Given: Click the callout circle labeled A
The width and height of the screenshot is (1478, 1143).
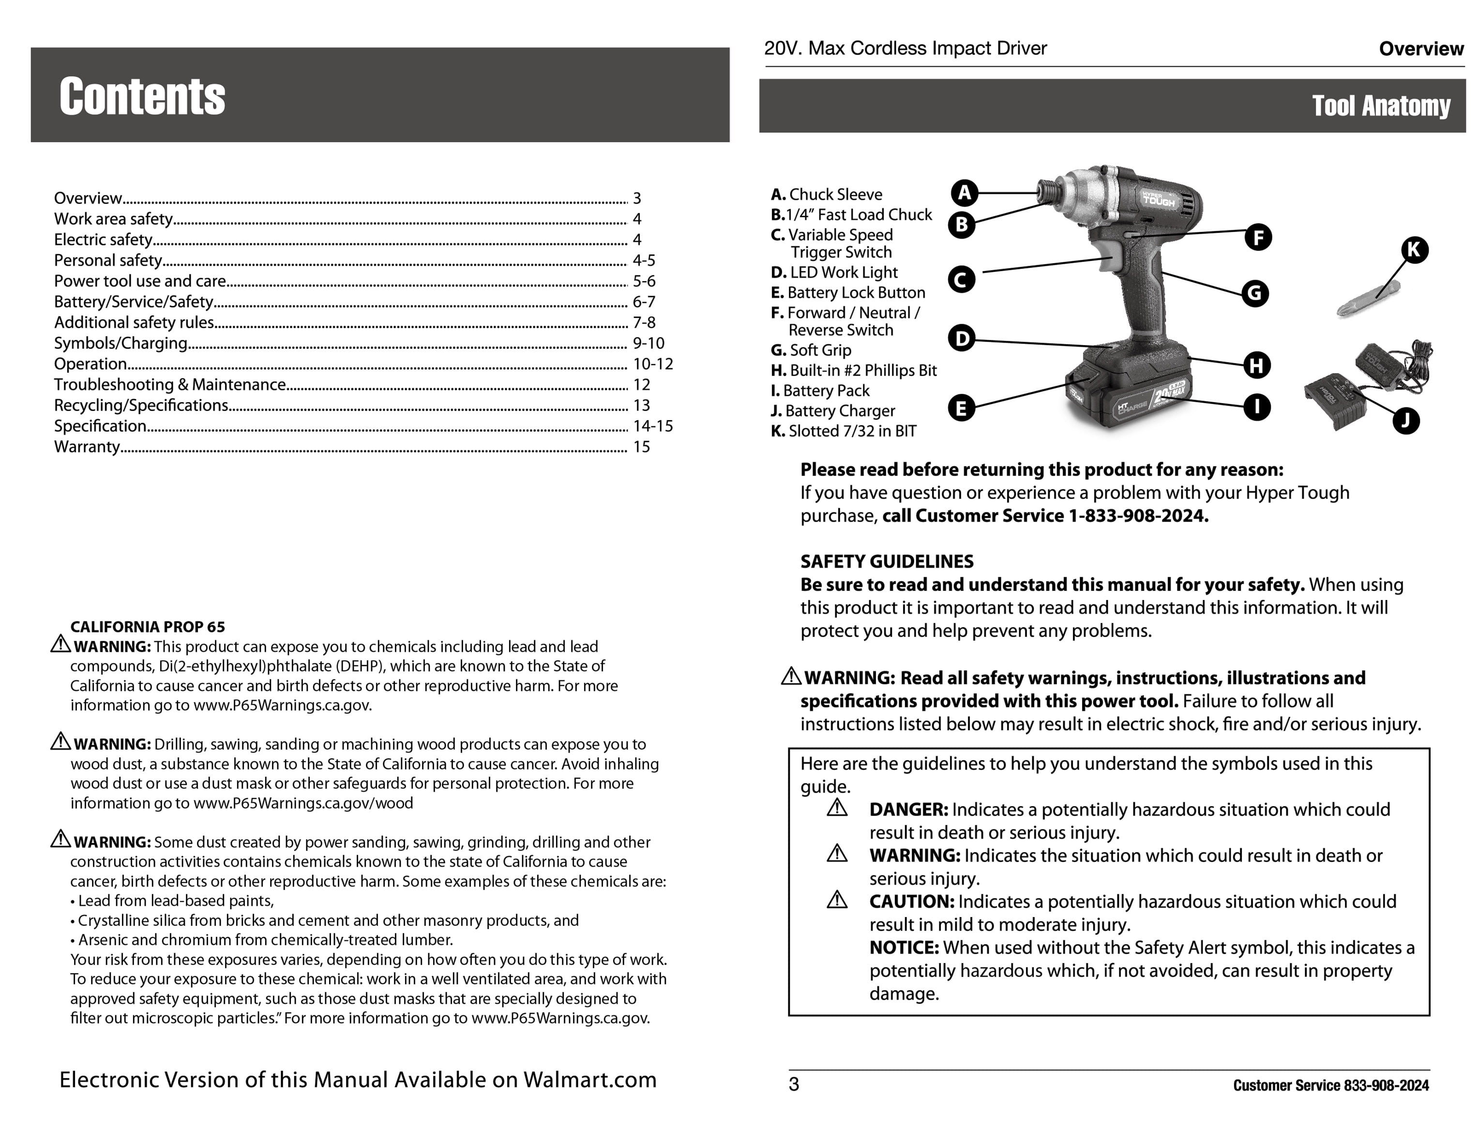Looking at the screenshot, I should [965, 193].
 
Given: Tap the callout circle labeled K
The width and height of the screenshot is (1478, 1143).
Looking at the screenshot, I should [1414, 250].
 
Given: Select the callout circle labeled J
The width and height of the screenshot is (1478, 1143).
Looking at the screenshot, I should [1405, 421].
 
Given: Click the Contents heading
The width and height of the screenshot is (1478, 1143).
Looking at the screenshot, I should [142, 96].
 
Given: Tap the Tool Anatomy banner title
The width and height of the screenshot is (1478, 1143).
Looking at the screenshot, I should [1381, 105].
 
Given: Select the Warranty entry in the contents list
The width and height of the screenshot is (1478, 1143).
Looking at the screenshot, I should [87, 447].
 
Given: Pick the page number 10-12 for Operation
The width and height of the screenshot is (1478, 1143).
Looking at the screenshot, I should [653, 364].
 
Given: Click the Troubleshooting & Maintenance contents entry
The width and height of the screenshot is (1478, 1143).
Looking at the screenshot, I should [170, 384].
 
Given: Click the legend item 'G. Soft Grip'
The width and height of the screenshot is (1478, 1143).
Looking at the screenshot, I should [811, 350].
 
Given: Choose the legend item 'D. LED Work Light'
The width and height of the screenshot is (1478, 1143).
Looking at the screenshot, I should [834, 272].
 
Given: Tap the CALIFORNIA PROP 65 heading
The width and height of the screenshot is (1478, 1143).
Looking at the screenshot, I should [148, 627].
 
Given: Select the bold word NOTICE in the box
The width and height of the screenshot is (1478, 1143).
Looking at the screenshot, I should [904, 947].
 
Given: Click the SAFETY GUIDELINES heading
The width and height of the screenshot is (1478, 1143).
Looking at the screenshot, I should [887, 561].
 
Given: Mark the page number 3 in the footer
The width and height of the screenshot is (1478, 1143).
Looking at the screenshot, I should [794, 1085].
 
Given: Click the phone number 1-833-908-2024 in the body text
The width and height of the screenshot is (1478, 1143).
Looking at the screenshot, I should [1138, 516].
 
